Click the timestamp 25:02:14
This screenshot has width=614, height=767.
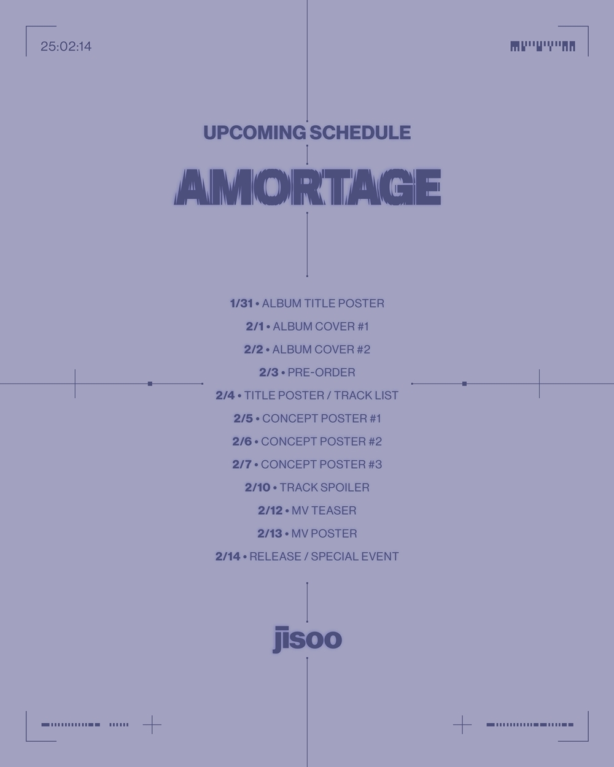[x=66, y=47]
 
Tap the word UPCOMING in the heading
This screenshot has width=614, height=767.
[x=254, y=133]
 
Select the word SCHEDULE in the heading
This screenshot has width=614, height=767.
[x=360, y=133]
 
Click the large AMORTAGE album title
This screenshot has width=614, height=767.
[x=307, y=187]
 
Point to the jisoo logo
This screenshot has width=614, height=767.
[x=307, y=639]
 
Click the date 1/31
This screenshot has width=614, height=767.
[x=241, y=303]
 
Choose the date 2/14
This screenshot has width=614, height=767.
[x=228, y=557]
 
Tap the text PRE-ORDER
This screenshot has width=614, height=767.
[x=322, y=372]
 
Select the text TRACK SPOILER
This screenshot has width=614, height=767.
[x=324, y=488]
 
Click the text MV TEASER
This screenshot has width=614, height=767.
[x=324, y=511]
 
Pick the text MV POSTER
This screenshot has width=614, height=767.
[x=324, y=534]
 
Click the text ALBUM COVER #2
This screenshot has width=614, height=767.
[x=321, y=349]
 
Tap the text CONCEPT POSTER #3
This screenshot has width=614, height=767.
[x=322, y=464]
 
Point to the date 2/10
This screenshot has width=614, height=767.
[x=258, y=488]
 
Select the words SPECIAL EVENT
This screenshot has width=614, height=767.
[x=355, y=557]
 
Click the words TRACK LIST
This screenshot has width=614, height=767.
[x=366, y=395]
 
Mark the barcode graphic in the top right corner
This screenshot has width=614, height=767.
[x=543, y=47]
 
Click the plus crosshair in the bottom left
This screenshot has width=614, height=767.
[x=152, y=725]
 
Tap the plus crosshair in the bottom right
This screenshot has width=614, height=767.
[x=462, y=725]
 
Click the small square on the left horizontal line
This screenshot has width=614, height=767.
[x=150, y=384]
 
